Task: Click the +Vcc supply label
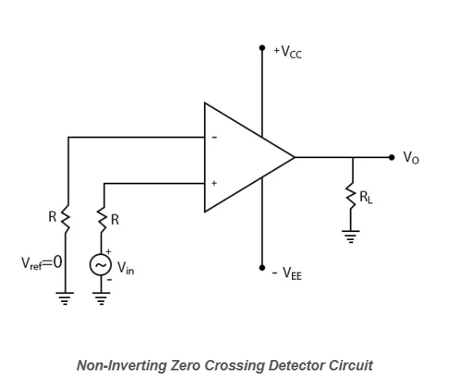287,52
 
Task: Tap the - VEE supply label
286,274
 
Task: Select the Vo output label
411,158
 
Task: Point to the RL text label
367,198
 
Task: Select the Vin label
125,269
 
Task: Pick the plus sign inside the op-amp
213,184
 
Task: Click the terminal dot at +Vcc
262,48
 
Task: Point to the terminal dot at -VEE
262,268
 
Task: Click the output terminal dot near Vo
391,157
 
